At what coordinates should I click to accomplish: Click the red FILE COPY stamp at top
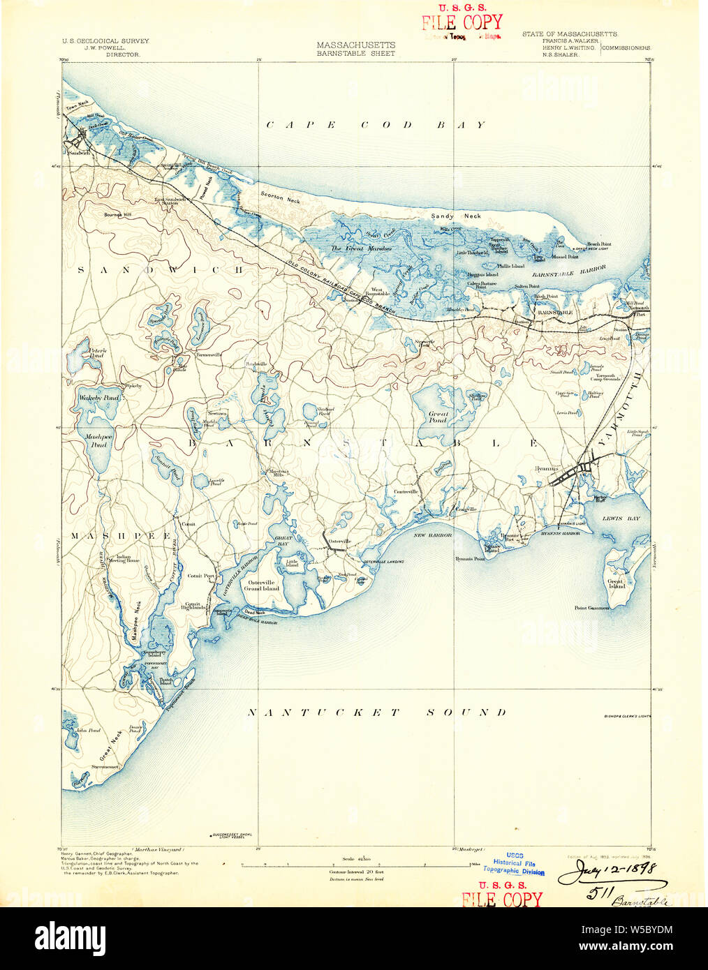click(462, 22)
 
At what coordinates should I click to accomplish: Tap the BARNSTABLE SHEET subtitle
click(355, 54)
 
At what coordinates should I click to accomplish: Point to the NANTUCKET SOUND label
click(377, 712)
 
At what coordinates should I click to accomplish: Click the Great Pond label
click(438, 417)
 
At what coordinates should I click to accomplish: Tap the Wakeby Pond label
click(98, 398)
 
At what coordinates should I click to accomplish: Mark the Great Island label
click(615, 583)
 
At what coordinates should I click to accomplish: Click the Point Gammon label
click(591, 608)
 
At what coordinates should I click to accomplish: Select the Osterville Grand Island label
click(260, 585)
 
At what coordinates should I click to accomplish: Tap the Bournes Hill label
click(117, 215)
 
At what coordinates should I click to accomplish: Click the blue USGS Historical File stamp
click(514, 863)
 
